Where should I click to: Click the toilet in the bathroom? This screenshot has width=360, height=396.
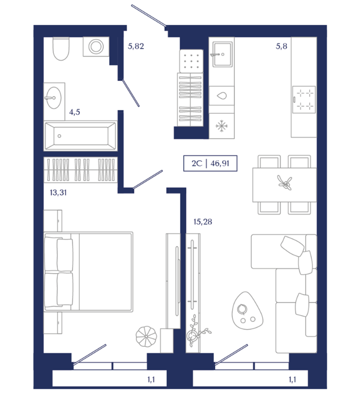point(61,49)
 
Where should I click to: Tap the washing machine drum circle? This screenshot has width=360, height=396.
point(96,47)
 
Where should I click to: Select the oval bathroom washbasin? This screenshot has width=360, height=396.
point(54,98)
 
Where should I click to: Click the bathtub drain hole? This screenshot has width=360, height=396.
point(59,136)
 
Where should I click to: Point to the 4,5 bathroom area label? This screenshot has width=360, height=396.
point(75,112)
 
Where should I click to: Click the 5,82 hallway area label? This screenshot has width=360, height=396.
point(136,46)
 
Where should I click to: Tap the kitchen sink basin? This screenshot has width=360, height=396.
point(222,54)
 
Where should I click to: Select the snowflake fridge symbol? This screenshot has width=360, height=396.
point(221,126)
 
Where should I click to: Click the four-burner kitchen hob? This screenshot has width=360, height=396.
point(304,100)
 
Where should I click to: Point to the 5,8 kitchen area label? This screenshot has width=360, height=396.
point(281,46)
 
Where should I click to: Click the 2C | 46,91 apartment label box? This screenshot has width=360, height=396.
point(210,163)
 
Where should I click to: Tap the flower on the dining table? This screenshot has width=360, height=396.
point(285,182)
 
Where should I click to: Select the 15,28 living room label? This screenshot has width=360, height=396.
point(203,222)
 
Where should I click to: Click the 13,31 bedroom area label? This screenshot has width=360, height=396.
point(58,193)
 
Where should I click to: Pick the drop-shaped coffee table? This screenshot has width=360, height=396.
point(247,311)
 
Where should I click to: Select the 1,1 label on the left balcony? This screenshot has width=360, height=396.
point(151,380)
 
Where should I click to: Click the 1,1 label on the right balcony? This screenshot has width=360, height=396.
point(293,380)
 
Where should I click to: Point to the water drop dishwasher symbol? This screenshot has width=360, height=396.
point(222,96)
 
